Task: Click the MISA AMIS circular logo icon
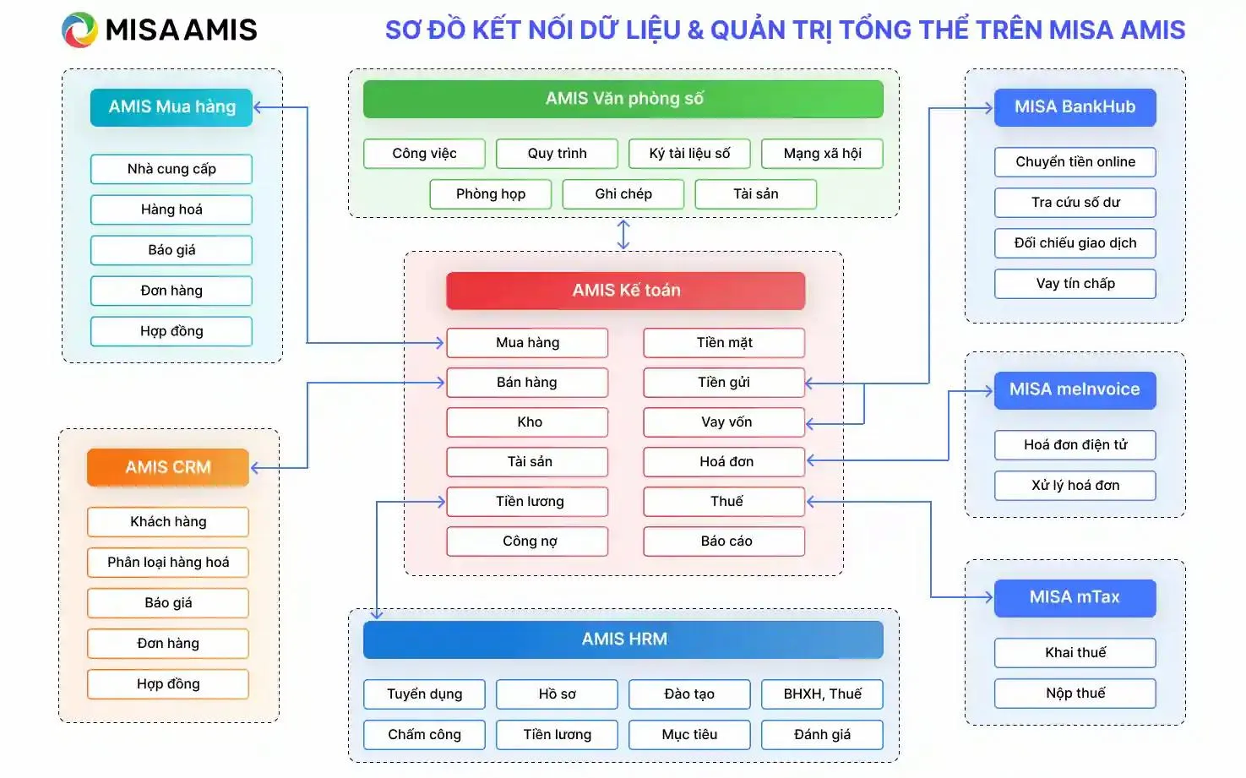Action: [79, 30]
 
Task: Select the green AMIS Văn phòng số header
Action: [623, 99]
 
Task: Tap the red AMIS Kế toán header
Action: [625, 291]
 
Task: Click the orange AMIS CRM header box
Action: [168, 467]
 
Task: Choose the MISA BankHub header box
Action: [1075, 107]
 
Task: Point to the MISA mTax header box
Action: [1075, 597]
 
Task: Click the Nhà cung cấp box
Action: [171, 169]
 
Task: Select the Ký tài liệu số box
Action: [689, 154]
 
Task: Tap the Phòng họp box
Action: [491, 194]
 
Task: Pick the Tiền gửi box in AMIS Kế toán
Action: [724, 383]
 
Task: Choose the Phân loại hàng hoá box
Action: [168, 563]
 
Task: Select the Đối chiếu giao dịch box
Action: [1075, 243]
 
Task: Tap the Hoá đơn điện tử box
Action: [1075, 445]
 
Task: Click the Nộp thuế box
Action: [1075, 694]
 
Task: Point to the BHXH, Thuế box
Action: [822, 694]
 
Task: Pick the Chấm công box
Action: [424, 735]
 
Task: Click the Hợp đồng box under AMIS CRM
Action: [168, 684]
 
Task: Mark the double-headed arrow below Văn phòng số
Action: [623, 235]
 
